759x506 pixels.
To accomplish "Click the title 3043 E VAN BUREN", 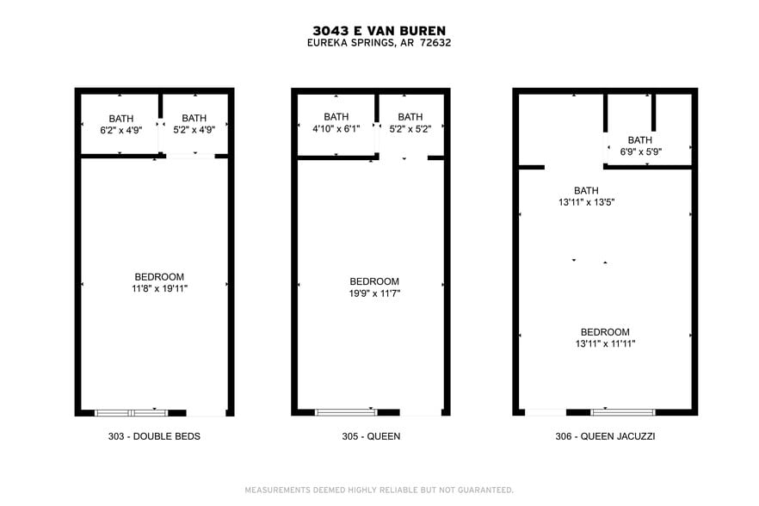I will pos(379,30).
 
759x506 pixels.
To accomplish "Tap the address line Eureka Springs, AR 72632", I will pos(379,43).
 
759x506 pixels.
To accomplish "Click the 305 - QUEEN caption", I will pos(370,436).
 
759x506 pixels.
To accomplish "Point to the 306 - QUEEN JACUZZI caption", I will pos(605,436).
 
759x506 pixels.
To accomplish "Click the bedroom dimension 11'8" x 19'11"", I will pos(155,289).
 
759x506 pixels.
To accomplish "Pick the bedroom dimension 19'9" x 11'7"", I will pos(374,293).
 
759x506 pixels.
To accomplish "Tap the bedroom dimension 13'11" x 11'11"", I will pos(605,344).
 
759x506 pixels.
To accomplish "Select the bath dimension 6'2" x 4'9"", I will pos(120,131).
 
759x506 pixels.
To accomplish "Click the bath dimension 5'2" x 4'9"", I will pos(194,131).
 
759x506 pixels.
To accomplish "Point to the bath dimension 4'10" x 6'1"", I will pos(336,129).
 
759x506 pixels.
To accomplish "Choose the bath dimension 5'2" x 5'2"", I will pos(410,129).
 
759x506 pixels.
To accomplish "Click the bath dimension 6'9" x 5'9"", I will pos(639,152).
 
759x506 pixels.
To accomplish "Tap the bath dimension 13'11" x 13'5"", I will pos(586,203).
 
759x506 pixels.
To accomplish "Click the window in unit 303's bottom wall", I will pos(131,412).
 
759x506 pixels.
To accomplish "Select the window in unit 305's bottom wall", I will pos(346,412).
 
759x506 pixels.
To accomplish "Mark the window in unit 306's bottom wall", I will pos(622,412).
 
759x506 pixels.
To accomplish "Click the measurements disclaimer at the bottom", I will pos(379,490).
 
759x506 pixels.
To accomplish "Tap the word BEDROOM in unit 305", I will pos(374,281).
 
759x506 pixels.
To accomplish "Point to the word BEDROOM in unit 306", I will pos(605,332).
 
